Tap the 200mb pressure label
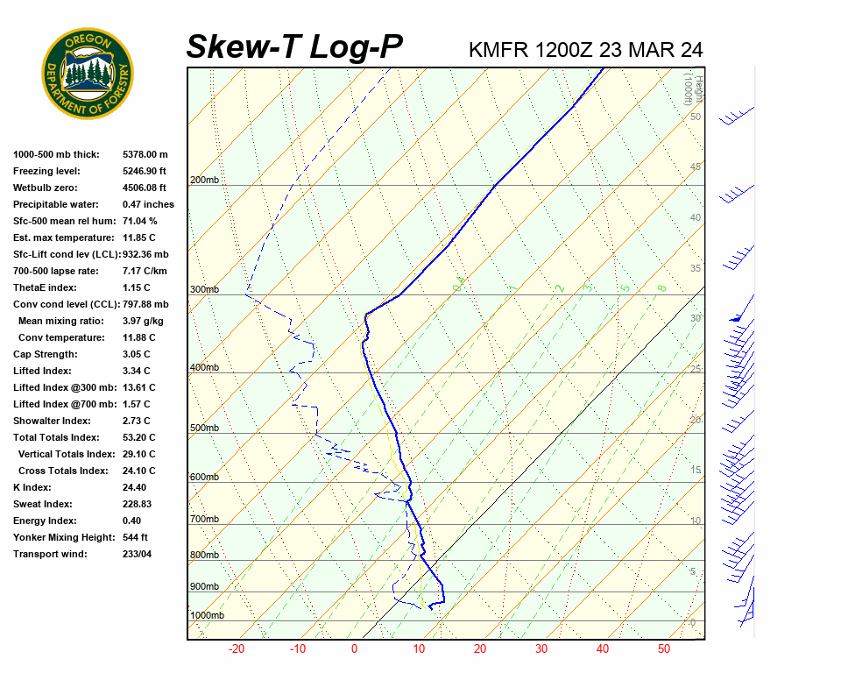(204, 181)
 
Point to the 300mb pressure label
(204, 289)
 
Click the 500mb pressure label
(204, 428)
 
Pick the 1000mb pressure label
(207, 615)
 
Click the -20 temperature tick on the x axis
(236, 649)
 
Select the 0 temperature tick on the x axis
(354, 649)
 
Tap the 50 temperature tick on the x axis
(664, 649)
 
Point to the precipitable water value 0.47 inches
(148, 204)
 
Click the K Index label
(32, 487)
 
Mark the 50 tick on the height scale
(695, 117)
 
